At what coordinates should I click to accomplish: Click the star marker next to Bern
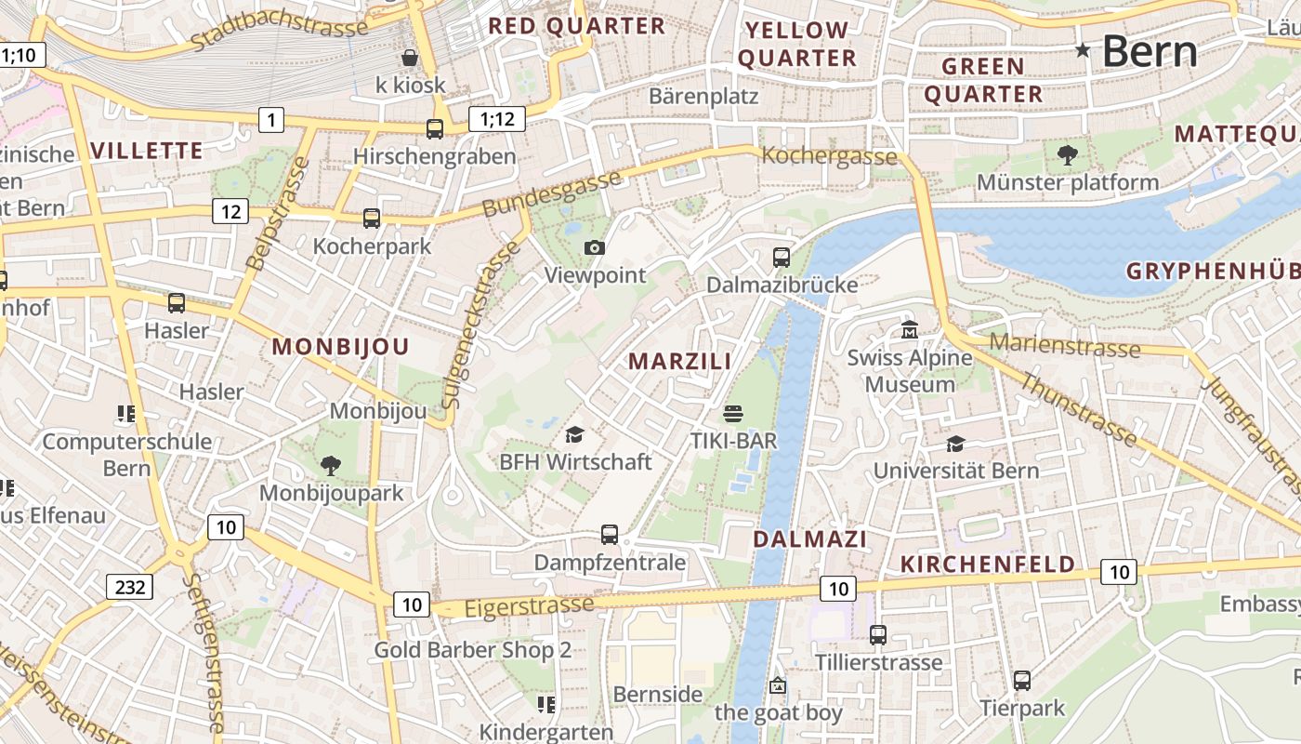[1083, 50]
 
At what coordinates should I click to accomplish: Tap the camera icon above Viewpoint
[595, 247]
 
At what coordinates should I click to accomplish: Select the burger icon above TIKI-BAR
[733, 413]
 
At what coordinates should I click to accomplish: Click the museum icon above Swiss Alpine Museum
[909, 330]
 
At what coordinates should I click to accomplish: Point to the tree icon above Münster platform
[1067, 154]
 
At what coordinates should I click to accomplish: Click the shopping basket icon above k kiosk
[410, 58]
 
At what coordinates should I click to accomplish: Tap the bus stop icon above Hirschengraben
[434, 128]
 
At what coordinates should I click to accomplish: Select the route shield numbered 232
[129, 587]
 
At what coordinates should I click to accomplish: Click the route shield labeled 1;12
[496, 119]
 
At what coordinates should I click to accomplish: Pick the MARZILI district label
[680, 361]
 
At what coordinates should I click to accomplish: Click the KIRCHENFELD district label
[988, 565]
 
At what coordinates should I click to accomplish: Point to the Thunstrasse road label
[1078, 407]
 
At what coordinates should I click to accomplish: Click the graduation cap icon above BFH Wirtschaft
[575, 434]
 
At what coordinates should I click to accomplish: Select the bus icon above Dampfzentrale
[610, 535]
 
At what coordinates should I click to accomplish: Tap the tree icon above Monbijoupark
[330, 465]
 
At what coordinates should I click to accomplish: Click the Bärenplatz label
[703, 96]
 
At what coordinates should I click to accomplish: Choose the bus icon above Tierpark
[1022, 681]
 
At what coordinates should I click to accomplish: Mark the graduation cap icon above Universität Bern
[955, 444]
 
